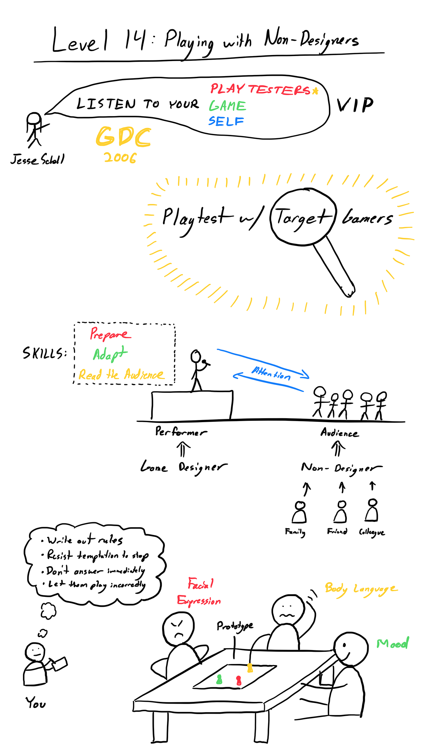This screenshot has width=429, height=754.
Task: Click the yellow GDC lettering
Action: tap(123, 137)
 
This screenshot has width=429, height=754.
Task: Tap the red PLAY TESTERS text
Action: tap(260, 89)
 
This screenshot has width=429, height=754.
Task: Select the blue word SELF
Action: tap(226, 121)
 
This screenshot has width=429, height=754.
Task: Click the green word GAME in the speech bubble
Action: tap(227, 106)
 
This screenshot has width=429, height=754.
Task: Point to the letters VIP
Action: tap(355, 105)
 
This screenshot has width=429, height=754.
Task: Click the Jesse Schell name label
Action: tap(38, 159)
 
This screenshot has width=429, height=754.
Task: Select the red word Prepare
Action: tap(110, 334)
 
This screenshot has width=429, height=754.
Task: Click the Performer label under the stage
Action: tap(181, 432)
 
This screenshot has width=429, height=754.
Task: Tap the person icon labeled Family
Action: tap(300, 512)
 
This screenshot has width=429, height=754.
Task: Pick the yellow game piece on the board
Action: tap(250, 668)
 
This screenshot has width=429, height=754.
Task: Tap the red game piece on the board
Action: tap(238, 680)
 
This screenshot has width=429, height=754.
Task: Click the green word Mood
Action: tap(393, 644)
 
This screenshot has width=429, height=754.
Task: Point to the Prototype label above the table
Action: tap(235, 626)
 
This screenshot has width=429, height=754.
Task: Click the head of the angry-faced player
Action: tap(178, 628)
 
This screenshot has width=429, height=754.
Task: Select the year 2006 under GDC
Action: tap(120, 158)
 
